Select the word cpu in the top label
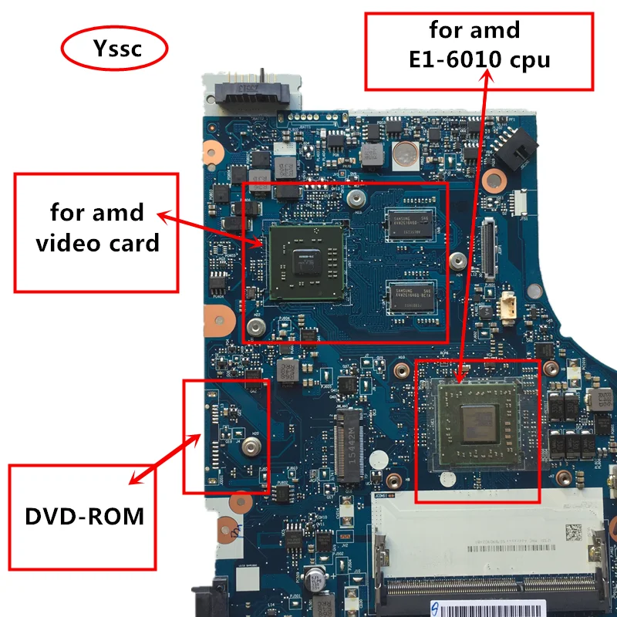(x=528, y=59)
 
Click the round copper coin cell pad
(x=403, y=155)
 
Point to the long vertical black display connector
(x=487, y=247)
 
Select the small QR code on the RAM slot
(x=572, y=532)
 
